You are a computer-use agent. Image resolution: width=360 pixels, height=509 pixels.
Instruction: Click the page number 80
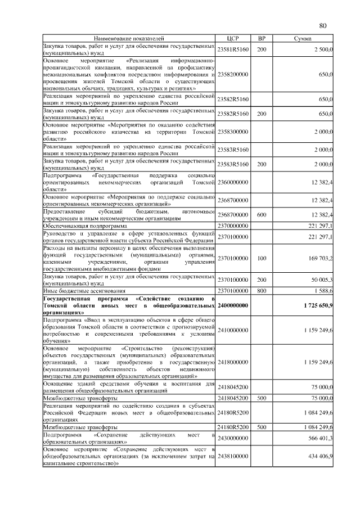click(x=323, y=25)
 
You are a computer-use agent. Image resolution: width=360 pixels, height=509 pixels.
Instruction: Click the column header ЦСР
click(x=232, y=38)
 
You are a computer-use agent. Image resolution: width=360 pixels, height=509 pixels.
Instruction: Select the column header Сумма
click(x=307, y=38)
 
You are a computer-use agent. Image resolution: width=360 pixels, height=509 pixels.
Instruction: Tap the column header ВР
click(x=262, y=38)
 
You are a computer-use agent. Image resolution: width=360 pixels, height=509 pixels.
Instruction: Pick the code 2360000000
click(x=233, y=182)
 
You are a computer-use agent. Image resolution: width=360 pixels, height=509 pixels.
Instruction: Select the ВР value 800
click(x=262, y=290)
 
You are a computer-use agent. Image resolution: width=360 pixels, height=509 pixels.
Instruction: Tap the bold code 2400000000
click(x=233, y=305)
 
